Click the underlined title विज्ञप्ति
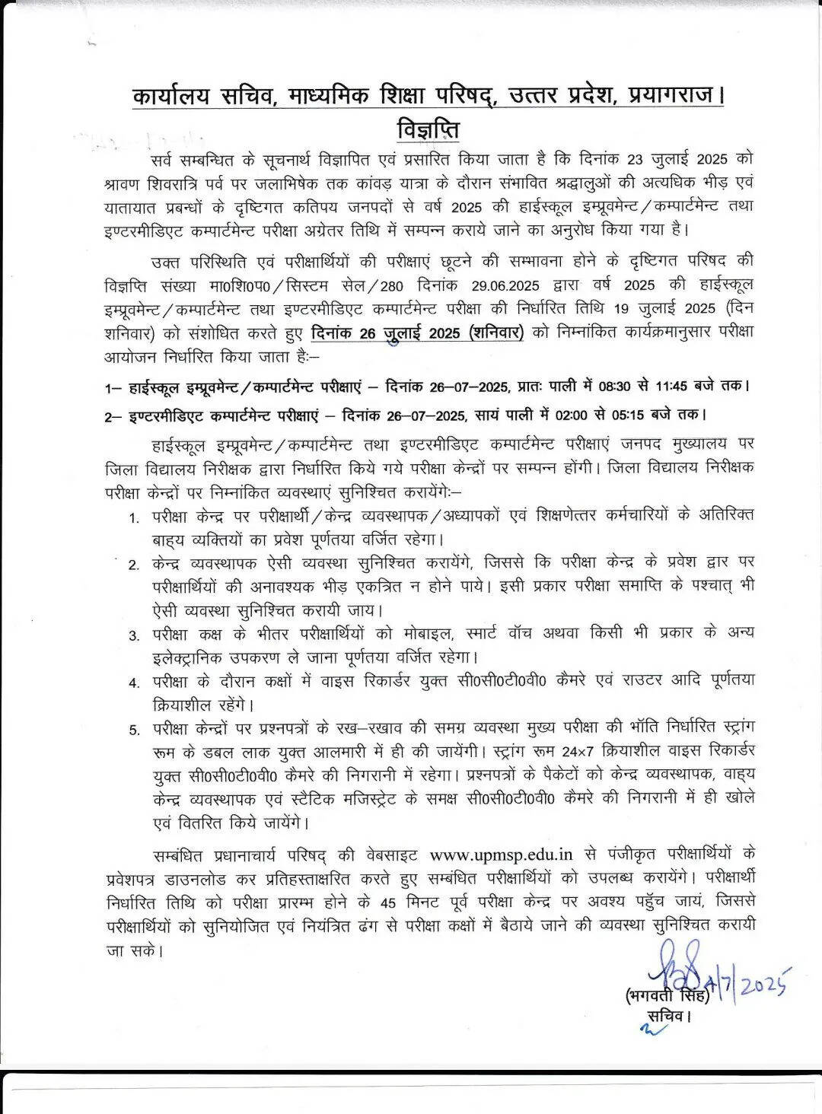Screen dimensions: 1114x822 click(429, 130)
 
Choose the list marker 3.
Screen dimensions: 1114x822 click(133, 635)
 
